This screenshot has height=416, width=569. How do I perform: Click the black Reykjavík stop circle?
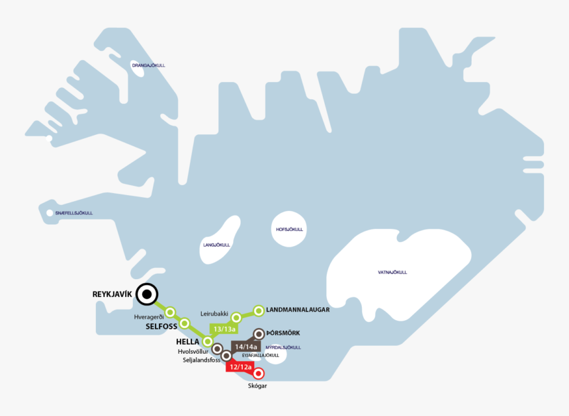tap(147, 294)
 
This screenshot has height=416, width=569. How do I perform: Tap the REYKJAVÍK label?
tap(112, 294)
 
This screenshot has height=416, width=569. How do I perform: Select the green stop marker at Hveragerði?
tap(170, 312)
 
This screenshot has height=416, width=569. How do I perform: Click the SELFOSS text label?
tap(161, 326)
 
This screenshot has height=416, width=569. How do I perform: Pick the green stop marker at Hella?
tap(208, 341)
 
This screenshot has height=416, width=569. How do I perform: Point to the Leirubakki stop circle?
tap(236, 317)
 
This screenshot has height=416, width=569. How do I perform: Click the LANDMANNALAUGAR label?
tap(298, 310)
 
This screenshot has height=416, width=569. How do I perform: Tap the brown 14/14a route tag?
tap(245, 347)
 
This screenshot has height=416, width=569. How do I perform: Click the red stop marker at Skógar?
tap(259, 373)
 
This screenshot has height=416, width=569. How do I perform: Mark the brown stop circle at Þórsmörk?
tap(259, 333)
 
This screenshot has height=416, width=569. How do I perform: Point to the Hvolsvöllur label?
tap(193, 351)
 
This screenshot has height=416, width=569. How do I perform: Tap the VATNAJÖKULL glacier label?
tap(392, 272)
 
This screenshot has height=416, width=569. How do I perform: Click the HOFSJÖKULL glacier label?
tap(289, 229)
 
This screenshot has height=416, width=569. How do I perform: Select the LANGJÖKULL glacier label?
tap(216, 245)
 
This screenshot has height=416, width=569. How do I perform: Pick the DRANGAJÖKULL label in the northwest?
tap(148, 65)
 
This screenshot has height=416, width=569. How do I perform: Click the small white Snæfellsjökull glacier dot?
tap(50, 213)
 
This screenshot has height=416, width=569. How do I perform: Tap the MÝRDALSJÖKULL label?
tap(283, 347)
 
